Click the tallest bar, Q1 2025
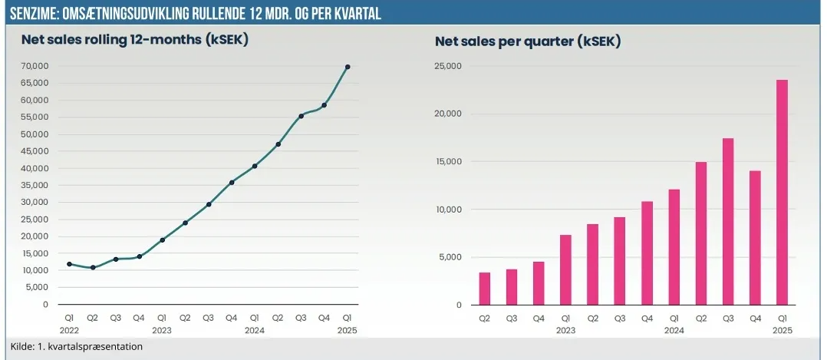[x=782, y=192]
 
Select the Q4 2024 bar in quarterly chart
[x=755, y=237]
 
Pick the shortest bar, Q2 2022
[x=484, y=289]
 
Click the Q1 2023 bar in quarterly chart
[x=565, y=269]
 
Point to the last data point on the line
[x=348, y=67]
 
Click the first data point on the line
[x=70, y=264]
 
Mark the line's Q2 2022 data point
[x=93, y=268]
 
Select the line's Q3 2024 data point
[x=301, y=116]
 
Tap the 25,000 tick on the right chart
[x=447, y=66]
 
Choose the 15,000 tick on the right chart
[x=447, y=162]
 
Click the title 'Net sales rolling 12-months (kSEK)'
[x=134, y=41]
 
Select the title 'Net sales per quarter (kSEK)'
[x=528, y=41]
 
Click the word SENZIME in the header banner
[x=30, y=15]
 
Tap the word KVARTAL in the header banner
[x=354, y=15]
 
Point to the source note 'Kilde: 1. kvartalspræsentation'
[x=77, y=346]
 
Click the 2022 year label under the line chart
[x=70, y=331]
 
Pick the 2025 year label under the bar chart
[x=782, y=331]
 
